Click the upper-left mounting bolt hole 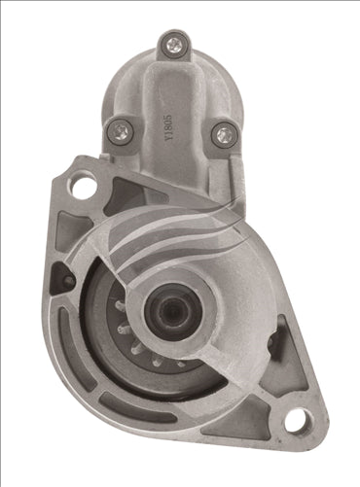pyautogui.click(x=85, y=185)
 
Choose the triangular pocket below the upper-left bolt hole pyautogui.click(x=70, y=228)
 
